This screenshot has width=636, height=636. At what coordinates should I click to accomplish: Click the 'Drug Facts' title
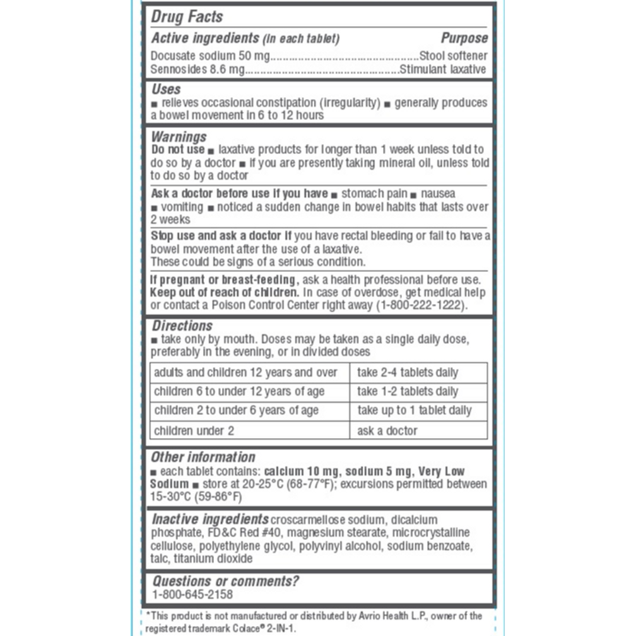pyautogui.click(x=187, y=16)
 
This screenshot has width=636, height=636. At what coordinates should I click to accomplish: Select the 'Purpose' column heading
pyautogui.click(x=464, y=38)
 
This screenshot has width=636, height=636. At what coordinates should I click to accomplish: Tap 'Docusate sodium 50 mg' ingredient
pyautogui.click(x=210, y=55)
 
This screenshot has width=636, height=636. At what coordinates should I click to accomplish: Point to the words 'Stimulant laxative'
pyautogui.click(x=443, y=69)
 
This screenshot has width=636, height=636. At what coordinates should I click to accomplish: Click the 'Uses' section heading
pyautogui.click(x=166, y=89)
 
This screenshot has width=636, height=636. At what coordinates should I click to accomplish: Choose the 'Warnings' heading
pyautogui.click(x=179, y=136)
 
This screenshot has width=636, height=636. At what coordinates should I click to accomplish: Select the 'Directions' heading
pyautogui.click(x=182, y=326)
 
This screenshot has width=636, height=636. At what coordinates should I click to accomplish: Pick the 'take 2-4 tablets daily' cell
pyautogui.click(x=408, y=372)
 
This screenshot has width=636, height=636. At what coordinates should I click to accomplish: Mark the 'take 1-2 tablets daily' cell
pyautogui.click(x=408, y=391)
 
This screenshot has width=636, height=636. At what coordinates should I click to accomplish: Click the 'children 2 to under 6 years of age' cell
pyautogui.click(x=236, y=411)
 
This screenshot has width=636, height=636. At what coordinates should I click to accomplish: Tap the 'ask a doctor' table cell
pyautogui.click(x=387, y=430)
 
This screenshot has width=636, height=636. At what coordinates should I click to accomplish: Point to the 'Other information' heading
pyautogui.click(x=203, y=457)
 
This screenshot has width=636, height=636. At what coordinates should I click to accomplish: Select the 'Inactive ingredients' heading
pyautogui.click(x=210, y=519)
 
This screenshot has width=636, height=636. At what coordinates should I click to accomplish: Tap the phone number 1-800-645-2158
pyautogui.click(x=192, y=595)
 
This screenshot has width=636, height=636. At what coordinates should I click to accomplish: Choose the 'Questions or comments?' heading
pyautogui.click(x=225, y=581)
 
